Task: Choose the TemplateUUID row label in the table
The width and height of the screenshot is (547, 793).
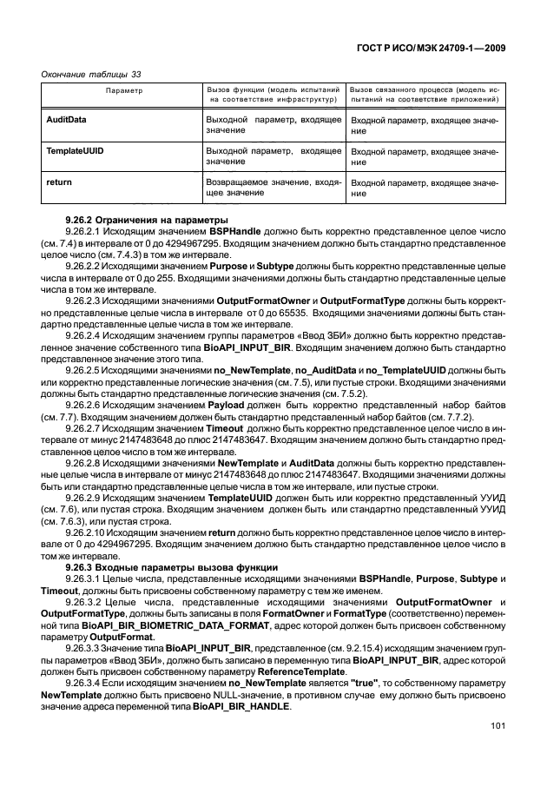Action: click(x=73, y=151)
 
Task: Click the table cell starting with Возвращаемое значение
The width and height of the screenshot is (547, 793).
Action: click(x=273, y=188)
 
